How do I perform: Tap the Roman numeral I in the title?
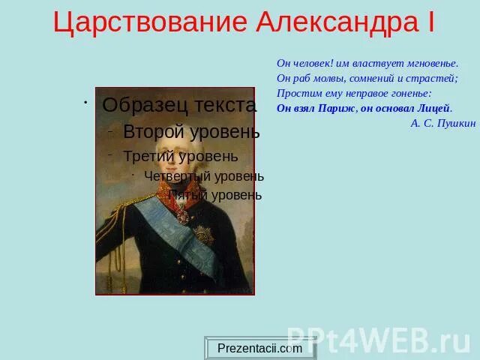coord(430,22)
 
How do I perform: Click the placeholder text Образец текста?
coord(179,105)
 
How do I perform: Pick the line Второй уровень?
coord(191,132)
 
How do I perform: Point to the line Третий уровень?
coord(180,156)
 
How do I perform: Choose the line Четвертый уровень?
coord(203,176)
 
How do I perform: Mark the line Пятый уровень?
coord(214,195)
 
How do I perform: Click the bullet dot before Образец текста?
coord(86,102)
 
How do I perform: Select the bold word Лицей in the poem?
coord(433,108)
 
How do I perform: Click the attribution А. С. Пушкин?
coord(442,123)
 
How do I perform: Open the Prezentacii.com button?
coord(259,348)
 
